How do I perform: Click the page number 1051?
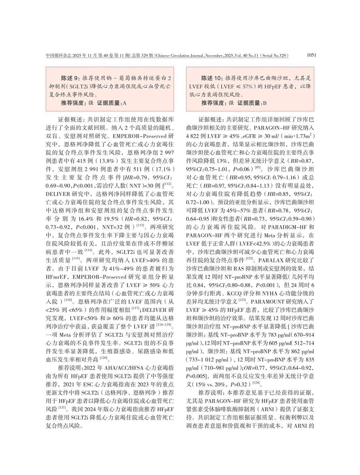[x=311, y=55]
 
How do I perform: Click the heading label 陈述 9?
[x=70, y=78]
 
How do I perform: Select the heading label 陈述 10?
[x=211, y=78]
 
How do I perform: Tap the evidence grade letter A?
[x=124, y=103]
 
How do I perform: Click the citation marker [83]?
[x=258, y=168]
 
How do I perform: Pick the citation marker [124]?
[x=256, y=383]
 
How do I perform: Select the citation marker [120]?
[x=104, y=358]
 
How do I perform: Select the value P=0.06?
[x=242, y=169]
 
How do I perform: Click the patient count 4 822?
[x=193, y=136]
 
